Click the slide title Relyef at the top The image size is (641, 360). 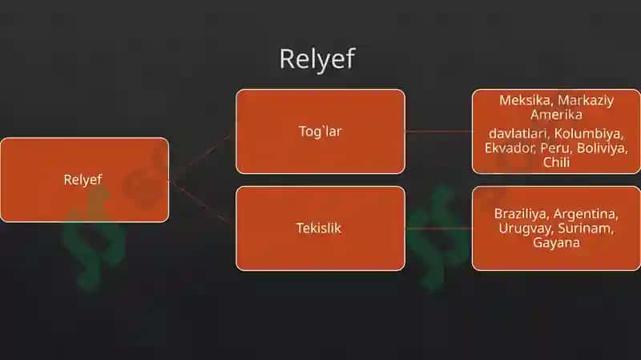317,59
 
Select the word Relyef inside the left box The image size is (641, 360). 83,180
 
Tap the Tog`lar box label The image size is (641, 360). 320,131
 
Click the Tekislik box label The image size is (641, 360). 318,229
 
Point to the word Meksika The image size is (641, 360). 525,101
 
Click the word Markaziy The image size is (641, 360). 586,101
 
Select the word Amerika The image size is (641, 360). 556,115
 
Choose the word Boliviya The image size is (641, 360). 602,148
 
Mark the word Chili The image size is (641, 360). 556,162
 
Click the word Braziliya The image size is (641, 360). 520,214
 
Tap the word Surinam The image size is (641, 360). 586,229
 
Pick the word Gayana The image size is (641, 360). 556,243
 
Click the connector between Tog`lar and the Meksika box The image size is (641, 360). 438,131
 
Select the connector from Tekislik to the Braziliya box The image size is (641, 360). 438,229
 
